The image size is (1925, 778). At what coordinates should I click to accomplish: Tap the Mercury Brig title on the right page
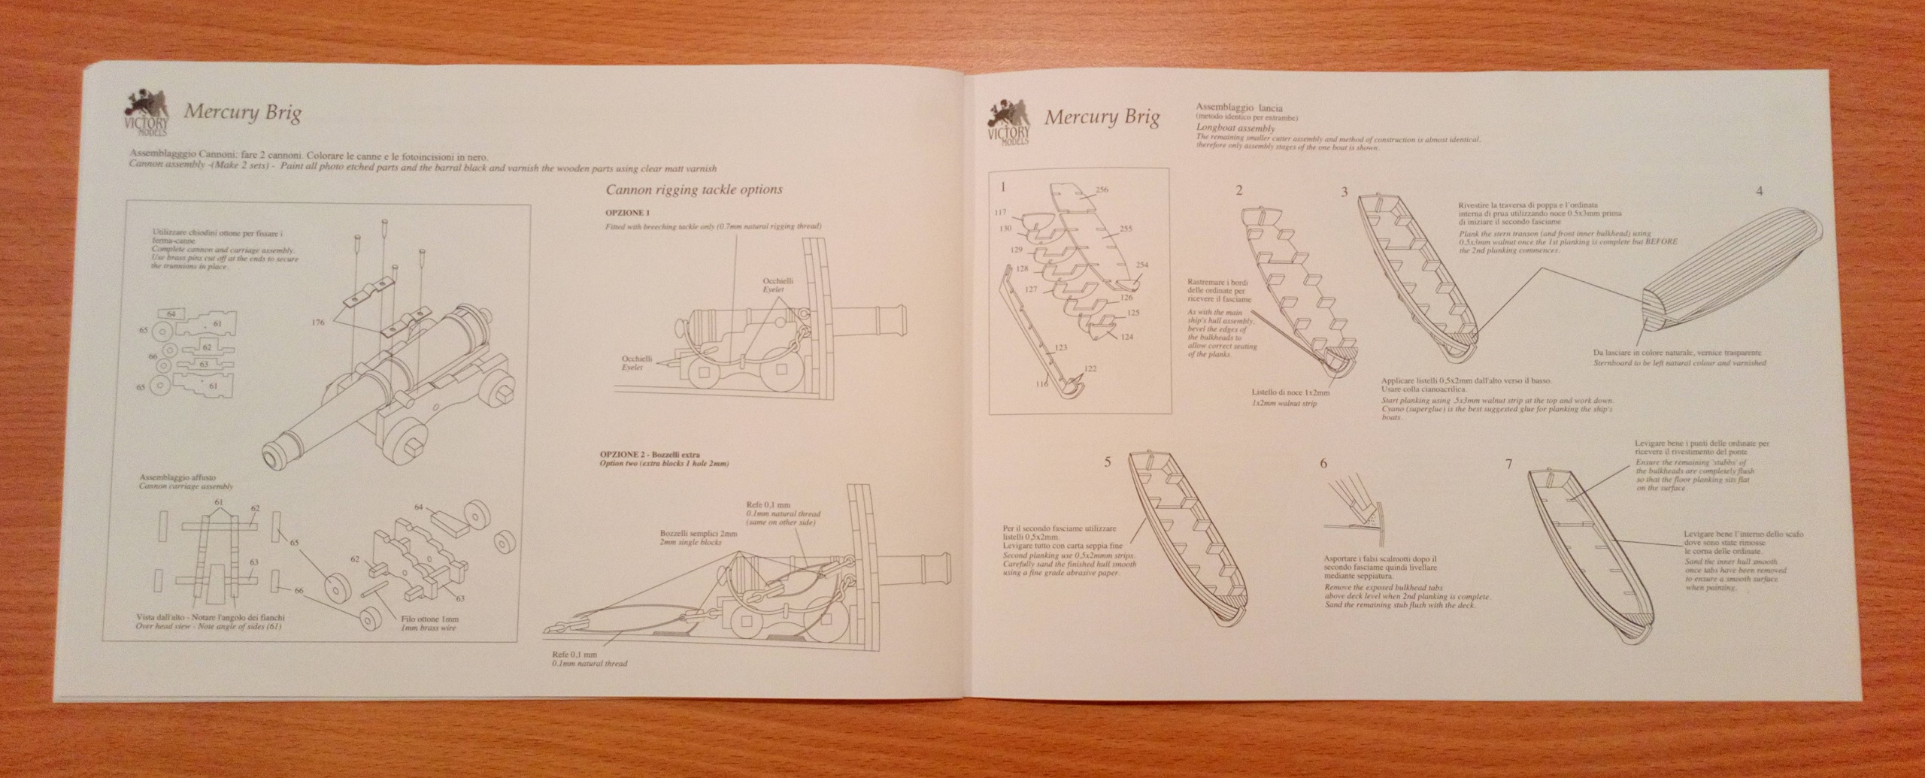[1102, 118]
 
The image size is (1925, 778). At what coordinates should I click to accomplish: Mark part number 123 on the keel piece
[1061, 347]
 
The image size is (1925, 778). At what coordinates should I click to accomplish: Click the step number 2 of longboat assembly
[1238, 190]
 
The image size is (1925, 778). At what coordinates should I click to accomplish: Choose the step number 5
[1107, 462]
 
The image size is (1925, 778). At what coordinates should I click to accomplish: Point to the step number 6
[1323, 463]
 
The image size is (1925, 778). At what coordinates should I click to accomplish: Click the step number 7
[1508, 464]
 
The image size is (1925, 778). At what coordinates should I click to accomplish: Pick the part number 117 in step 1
[999, 212]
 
